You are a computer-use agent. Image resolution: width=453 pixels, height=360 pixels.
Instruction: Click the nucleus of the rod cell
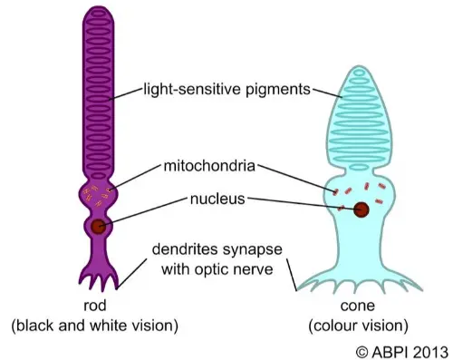[97, 227]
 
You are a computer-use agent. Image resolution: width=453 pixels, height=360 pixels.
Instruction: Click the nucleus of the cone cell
[361, 210]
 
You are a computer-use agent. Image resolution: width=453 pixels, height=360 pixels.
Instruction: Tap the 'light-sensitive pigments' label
[226, 90]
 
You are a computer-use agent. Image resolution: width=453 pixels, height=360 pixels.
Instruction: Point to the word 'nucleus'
[217, 198]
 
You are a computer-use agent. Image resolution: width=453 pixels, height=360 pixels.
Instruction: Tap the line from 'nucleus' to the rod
[145, 211]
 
